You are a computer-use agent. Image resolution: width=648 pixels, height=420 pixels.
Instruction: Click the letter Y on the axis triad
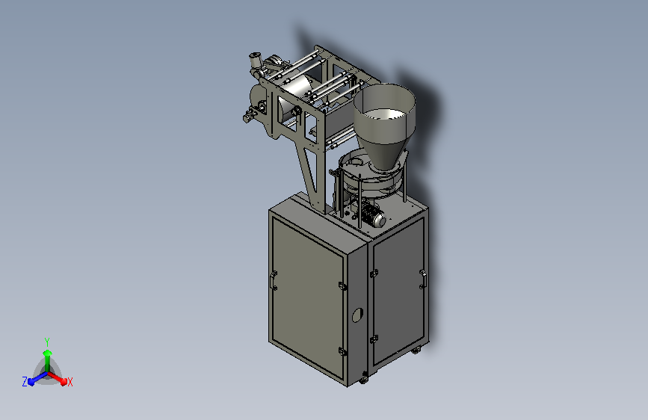tap(47, 342)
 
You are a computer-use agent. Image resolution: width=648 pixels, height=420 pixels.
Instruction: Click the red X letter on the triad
tap(70, 382)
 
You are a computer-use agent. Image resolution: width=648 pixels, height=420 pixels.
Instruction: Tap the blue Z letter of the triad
tap(25, 382)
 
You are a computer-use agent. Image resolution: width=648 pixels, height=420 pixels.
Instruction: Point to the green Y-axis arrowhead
tap(48, 353)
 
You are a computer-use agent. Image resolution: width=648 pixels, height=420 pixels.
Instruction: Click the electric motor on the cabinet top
tap(373, 215)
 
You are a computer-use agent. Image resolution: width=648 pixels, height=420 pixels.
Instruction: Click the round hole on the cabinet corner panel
tap(357, 315)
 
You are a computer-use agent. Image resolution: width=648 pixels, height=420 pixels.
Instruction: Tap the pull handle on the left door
tap(272, 280)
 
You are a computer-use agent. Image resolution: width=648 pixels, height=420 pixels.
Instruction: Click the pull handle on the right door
tap(422, 279)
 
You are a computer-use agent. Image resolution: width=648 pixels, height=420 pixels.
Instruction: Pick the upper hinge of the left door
tap(342, 286)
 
